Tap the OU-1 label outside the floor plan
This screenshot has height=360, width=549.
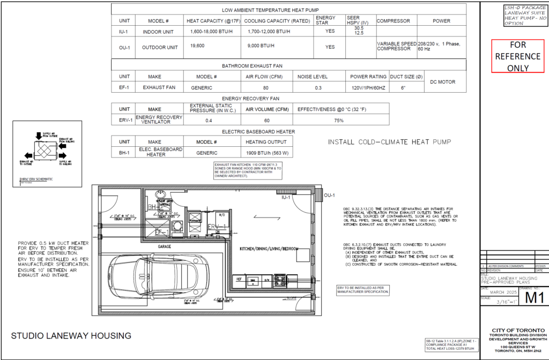(x=330, y=196)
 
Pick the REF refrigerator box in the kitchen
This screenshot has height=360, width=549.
(x=238, y=279)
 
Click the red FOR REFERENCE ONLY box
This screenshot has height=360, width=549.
(x=518, y=56)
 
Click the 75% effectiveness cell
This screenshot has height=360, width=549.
(x=338, y=121)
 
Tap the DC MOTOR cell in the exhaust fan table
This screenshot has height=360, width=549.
(x=442, y=82)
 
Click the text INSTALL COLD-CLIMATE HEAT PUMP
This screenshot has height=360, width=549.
(x=389, y=142)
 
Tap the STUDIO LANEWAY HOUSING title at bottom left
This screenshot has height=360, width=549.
(x=71, y=336)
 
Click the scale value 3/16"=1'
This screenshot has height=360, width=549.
(x=498, y=302)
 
